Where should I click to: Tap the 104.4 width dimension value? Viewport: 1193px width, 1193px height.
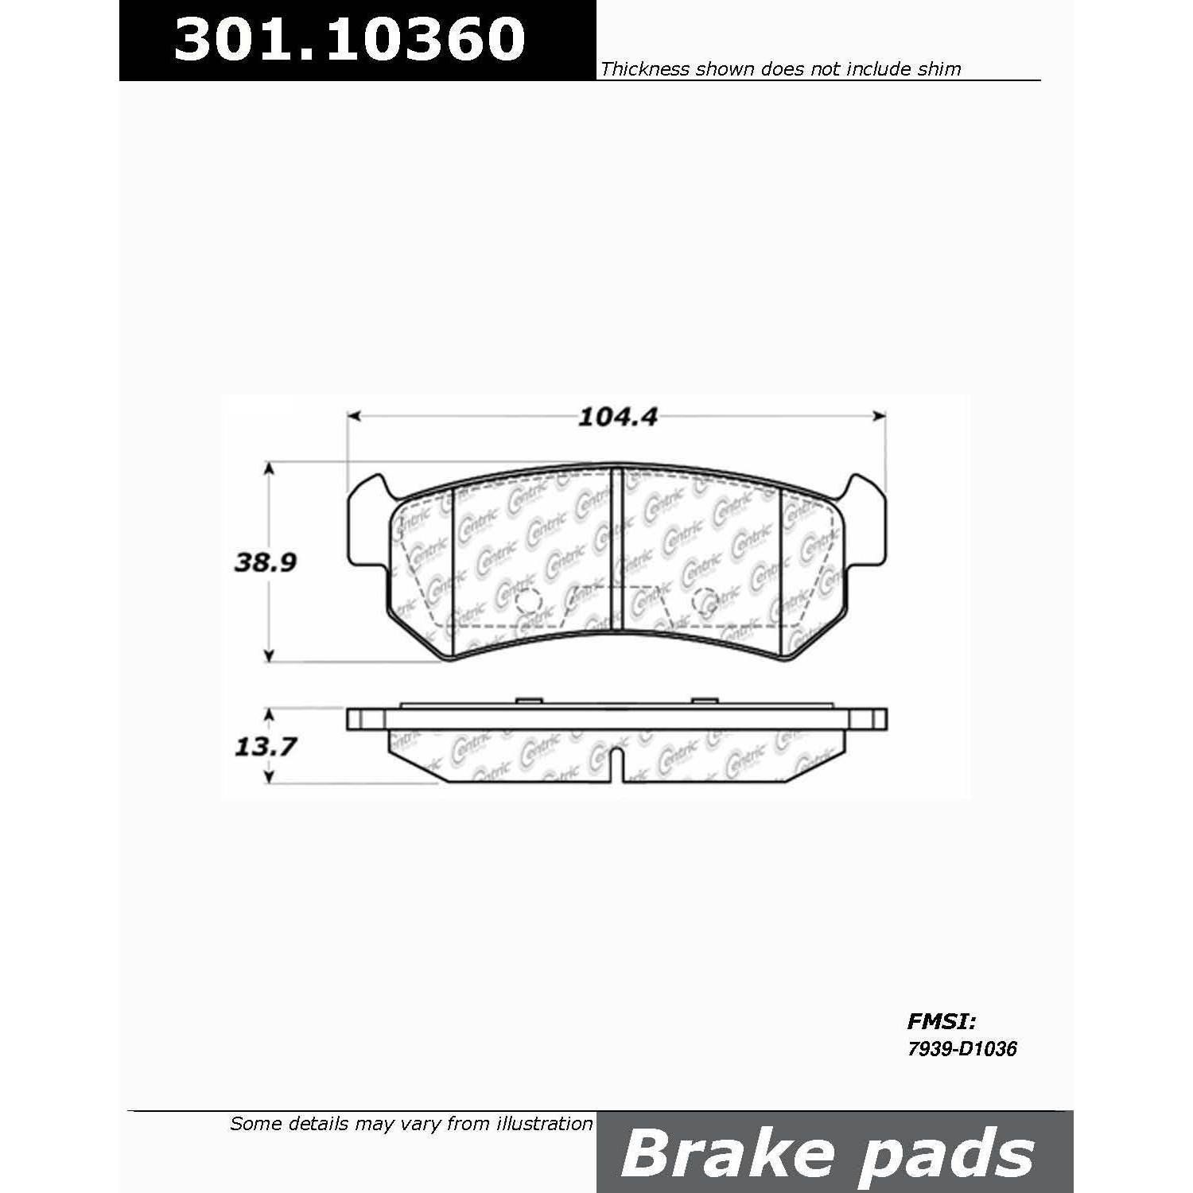(617, 417)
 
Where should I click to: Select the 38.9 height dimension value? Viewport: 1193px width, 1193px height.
(265, 562)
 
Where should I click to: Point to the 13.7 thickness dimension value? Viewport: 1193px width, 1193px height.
(265, 746)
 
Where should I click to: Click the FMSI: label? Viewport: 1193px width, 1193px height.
(941, 1020)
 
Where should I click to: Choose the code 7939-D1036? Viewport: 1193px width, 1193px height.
(962, 1049)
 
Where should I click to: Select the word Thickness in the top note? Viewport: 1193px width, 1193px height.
(645, 69)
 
